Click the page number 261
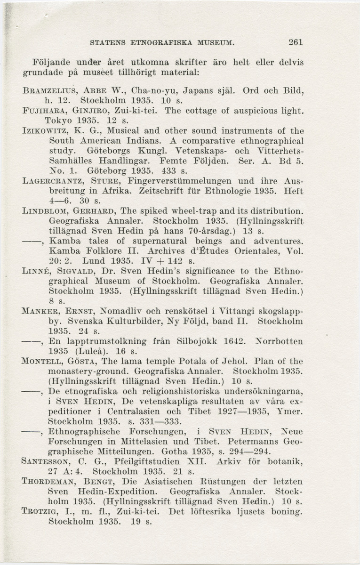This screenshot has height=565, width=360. pos(296,42)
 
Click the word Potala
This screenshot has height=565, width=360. pos(170,362)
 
